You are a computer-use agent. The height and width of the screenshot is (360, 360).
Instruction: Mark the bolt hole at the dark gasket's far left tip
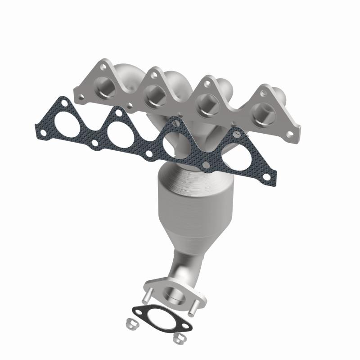[42, 132]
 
